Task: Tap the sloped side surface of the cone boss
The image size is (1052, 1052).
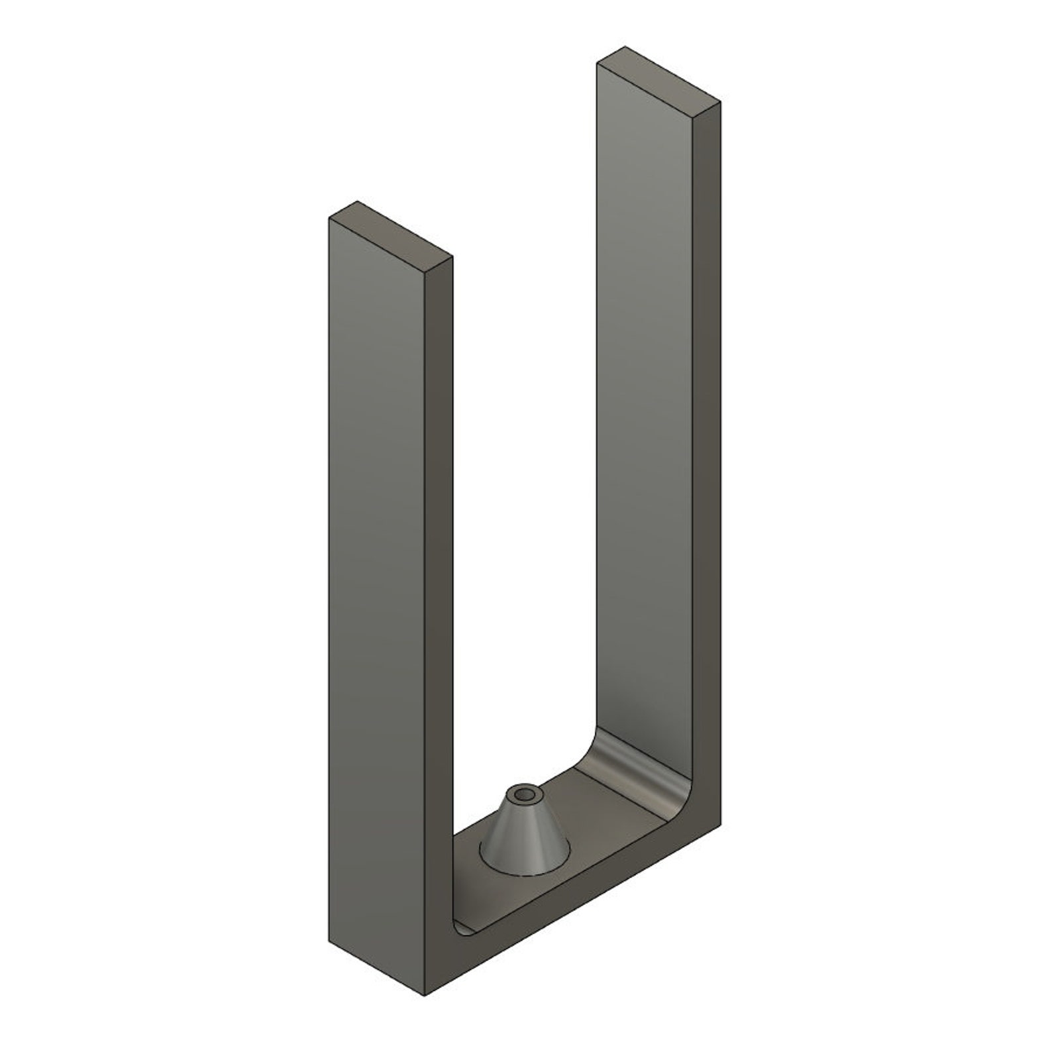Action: coord(523,836)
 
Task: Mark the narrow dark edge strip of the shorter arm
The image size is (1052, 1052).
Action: coord(438,596)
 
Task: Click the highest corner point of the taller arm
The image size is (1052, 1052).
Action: coord(624,46)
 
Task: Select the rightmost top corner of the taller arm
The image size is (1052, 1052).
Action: coord(720,101)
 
